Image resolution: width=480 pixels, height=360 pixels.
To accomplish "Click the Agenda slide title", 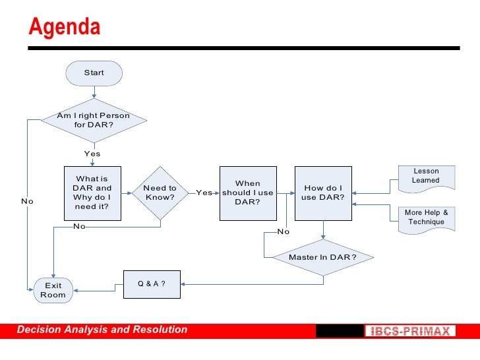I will point(65,28).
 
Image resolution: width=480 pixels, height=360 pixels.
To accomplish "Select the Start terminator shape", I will point(94,73).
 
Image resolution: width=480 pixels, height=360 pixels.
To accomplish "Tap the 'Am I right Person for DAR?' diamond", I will point(94,120).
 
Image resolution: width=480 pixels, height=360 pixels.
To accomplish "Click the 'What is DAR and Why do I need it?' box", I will point(92,193).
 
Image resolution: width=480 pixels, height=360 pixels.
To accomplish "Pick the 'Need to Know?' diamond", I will point(160,193).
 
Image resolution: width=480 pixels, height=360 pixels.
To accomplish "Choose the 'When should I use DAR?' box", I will point(248,193).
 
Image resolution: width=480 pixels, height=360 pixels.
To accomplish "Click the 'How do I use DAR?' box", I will point(323,193).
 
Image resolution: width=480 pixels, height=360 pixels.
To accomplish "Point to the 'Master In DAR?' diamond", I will point(323,256).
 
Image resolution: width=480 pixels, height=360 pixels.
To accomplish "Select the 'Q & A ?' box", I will point(152,284).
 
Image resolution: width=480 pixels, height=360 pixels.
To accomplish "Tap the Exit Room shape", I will point(53,290).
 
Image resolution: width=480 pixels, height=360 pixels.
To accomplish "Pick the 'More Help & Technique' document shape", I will point(426,217).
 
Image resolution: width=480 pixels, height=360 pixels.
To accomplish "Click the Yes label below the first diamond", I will point(92,154).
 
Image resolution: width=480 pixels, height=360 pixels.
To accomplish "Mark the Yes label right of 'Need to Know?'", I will point(204,193).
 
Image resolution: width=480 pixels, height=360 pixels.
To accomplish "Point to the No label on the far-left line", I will point(27,201).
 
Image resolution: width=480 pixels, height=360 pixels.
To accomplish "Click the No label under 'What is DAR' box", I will point(79,226).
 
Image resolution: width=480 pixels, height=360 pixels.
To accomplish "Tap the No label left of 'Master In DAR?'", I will point(284,231).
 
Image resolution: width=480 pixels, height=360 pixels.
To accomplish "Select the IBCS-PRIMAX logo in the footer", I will point(408,331).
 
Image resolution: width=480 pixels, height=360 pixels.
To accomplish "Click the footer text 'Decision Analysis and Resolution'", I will point(102,330).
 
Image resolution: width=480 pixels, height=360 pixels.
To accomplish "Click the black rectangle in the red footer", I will point(339,331).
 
